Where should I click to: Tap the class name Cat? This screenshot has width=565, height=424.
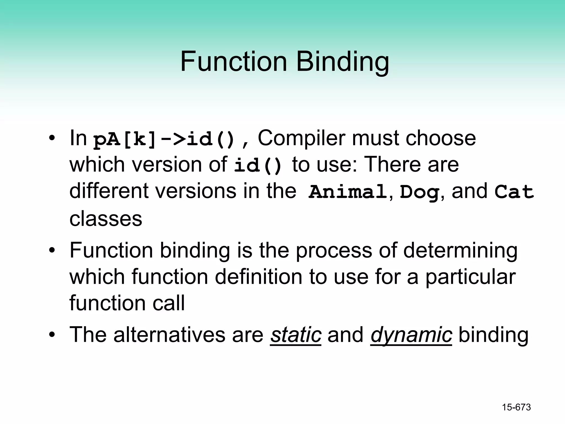[x=514, y=192]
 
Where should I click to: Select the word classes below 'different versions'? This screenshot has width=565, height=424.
[x=106, y=219]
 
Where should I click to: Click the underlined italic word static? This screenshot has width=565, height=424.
[x=295, y=335]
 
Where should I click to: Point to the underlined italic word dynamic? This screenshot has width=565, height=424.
[x=411, y=335]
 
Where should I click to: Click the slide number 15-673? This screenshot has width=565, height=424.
[x=516, y=407]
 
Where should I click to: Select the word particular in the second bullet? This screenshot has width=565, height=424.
[x=470, y=277]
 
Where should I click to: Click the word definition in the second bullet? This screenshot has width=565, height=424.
[x=258, y=277]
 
